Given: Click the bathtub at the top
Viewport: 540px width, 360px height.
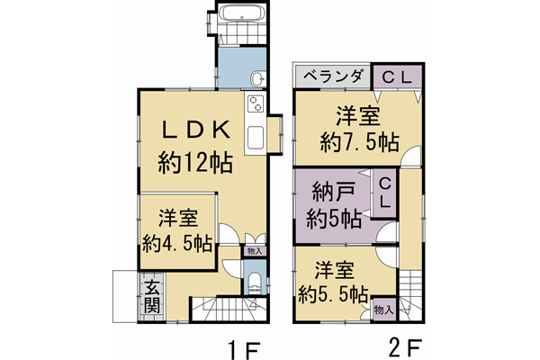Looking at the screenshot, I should click(240, 14).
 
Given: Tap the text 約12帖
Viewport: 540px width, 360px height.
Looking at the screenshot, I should click(195, 164).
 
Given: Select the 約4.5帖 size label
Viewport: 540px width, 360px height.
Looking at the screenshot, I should click(177, 243).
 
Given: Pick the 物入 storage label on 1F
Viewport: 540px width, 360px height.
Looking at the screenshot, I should click(255, 251).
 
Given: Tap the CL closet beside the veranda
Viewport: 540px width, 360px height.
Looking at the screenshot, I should click(392, 76).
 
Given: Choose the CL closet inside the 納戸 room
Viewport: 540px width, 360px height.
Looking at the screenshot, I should click(383, 193).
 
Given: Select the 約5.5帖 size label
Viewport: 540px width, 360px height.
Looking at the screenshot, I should click(333, 294).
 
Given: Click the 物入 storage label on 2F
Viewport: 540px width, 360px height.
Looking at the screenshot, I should click(384, 309).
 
